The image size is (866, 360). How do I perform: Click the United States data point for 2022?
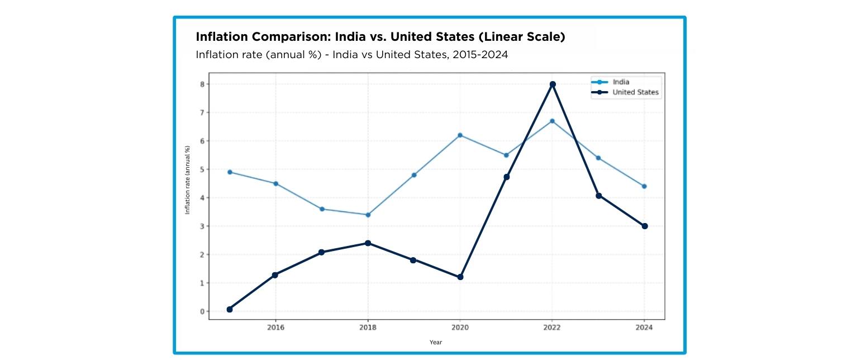pos(553,84)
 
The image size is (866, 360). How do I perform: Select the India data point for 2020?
pos(460,135)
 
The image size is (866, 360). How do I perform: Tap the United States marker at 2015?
pos(230,309)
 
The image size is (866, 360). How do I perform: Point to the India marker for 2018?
pos(368,215)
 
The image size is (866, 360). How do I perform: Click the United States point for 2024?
pos(644,226)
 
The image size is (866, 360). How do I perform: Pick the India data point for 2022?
pos(552,121)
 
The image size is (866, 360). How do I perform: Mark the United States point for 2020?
pos(460,277)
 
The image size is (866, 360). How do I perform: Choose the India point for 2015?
pos(230,172)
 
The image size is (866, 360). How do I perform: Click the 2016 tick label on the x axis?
pos(275,327)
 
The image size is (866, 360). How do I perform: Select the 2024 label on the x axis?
pos(644,327)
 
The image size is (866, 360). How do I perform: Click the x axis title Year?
pos(436,342)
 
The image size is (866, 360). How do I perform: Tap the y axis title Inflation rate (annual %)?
pos(188,179)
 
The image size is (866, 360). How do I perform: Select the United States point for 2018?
pos(368,243)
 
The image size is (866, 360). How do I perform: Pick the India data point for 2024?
pos(644,186)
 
